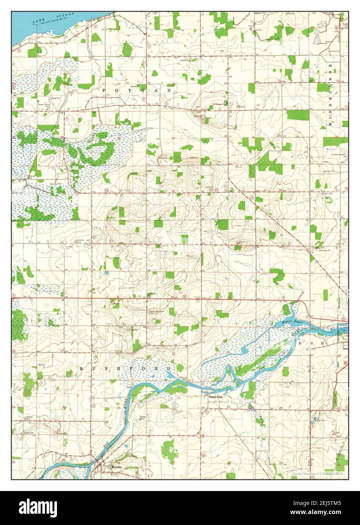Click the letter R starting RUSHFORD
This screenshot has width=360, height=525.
80,368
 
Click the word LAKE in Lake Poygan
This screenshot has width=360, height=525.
38,22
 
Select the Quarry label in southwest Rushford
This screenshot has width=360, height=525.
42,365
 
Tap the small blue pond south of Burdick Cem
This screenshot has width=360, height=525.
106,272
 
